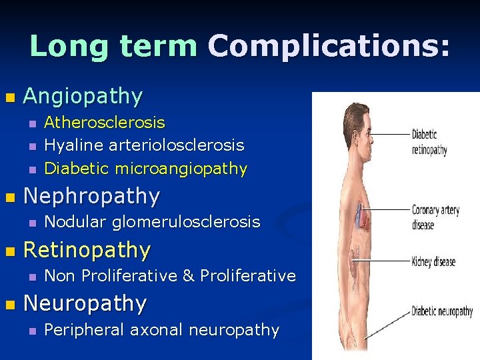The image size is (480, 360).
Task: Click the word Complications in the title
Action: (329, 46)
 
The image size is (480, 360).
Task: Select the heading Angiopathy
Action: (83, 97)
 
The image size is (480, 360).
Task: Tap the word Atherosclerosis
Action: (105, 123)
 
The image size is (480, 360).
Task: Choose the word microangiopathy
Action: (181, 169)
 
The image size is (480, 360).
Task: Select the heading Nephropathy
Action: (91, 197)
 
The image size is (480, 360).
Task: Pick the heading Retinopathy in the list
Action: (87, 251)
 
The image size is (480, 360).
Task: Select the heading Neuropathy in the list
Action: (85, 304)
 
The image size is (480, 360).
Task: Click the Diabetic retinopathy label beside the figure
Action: (429, 141)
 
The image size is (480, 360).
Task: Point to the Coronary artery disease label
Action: (435, 217)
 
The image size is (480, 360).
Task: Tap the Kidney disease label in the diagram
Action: (434, 261)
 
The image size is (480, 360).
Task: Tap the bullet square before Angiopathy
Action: (9, 97)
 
